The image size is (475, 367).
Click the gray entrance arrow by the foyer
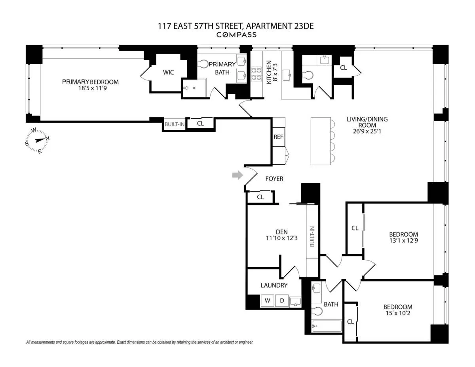pos(237,175)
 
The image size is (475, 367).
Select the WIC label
pos(169,72)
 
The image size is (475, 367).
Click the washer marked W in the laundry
pos(268,300)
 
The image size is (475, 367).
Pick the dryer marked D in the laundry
pos(282,300)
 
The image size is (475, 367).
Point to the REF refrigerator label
pos(278,137)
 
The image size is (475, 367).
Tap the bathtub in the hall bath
pos(327,327)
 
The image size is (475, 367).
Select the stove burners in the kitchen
pos(256,74)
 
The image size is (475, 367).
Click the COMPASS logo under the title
pos(237,35)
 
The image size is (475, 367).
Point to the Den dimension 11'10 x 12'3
pos(282,238)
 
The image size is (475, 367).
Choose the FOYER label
pos(274,179)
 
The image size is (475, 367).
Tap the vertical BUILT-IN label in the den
pos(312,237)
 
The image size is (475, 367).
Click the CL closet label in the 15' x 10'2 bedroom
pos(350,322)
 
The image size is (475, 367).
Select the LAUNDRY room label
pos(274,285)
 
